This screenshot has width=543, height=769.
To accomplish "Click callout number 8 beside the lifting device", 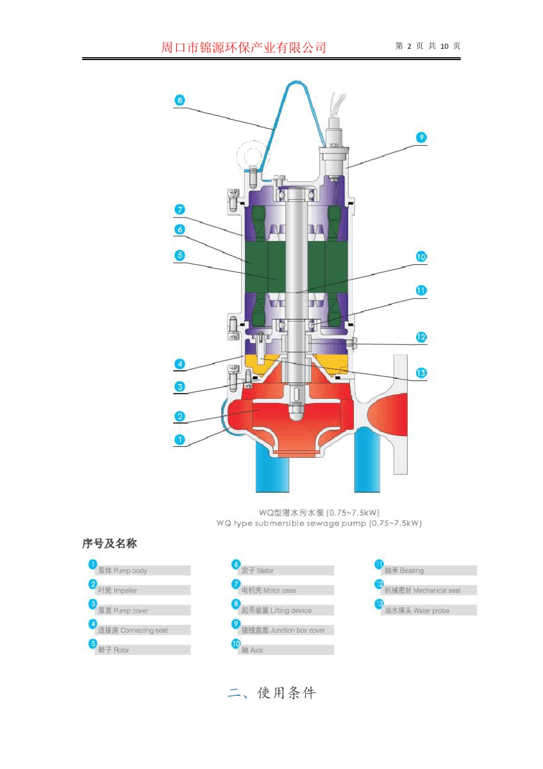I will coord(179,100).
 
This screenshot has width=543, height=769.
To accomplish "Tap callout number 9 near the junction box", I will coord(421,137).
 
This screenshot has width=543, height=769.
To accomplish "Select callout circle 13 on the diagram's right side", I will coord(421,373).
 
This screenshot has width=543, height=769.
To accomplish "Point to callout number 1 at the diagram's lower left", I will coord(179,439).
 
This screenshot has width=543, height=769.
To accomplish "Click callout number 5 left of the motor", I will coord(179,255).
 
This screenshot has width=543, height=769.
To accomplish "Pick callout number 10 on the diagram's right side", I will coord(421,257).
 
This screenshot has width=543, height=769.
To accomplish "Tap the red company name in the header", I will coord(243,47).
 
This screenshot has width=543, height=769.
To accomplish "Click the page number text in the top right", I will coord(428,46).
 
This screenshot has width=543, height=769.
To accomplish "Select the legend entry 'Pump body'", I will coord(142,570).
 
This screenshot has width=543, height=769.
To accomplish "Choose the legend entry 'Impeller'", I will coord(142,590).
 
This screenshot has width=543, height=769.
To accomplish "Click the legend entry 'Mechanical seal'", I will coord(429,590).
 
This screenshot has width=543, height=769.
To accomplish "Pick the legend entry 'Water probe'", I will coord(429,611).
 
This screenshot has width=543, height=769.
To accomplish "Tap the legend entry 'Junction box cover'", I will coord(286,631).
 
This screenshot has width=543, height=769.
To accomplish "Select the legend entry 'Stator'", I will coord(286,570).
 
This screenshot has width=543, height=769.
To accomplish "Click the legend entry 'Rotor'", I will coord(142,650).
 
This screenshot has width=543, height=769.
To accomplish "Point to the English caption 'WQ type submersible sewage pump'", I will coord(319,523).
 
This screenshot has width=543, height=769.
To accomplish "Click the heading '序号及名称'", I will coord(109,544).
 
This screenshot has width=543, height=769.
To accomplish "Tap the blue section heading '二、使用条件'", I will coord(271,693).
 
